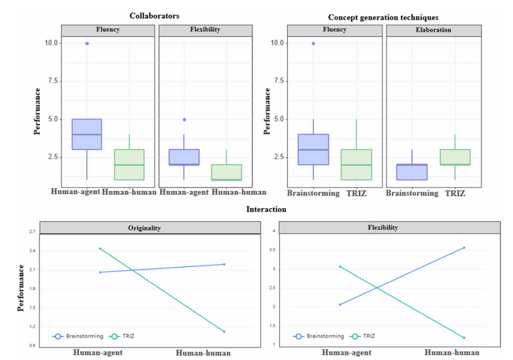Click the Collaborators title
click(x=154, y=16)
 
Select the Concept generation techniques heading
click(x=383, y=17)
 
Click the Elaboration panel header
click(x=433, y=30)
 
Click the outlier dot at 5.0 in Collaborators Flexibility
click(x=184, y=120)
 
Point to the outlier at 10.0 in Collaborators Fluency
click(x=87, y=44)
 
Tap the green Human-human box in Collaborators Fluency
click(x=130, y=164)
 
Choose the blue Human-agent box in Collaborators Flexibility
click(x=184, y=157)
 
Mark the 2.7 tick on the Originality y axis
click(x=32, y=232)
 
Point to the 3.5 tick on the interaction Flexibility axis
click(x=274, y=250)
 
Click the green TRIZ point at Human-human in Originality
click(x=224, y=331)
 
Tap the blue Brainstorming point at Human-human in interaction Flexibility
click(x=464, y=248)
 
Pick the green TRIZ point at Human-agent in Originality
click(x=100, y=249)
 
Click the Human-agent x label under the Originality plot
click(x=98, y=353)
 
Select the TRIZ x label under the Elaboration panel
click(x=455, y=193)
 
